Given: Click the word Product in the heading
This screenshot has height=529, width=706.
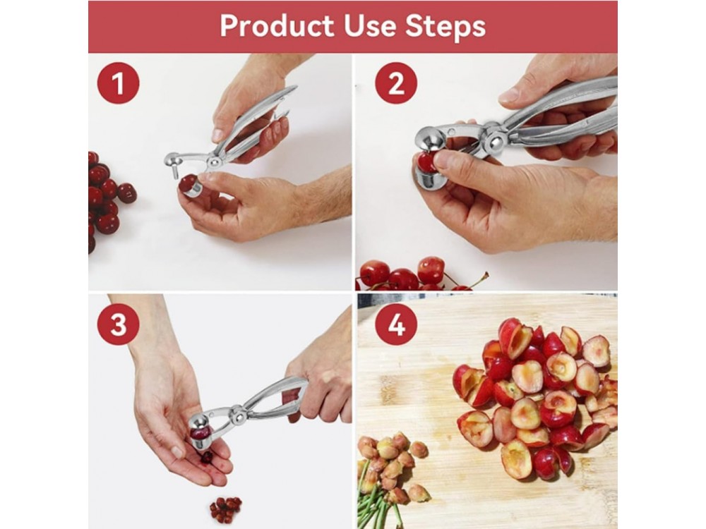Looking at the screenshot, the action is point(277,25).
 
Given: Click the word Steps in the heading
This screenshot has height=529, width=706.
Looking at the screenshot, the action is point(445,27).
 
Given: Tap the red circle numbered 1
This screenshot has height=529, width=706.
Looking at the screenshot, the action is point(118,83).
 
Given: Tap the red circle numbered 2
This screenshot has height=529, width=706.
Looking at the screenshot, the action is point(396,83).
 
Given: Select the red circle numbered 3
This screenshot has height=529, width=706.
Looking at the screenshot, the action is point(118,324).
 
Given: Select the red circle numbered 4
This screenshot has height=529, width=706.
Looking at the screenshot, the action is point(396,324).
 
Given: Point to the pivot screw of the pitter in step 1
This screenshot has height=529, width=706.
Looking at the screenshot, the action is point(215,161).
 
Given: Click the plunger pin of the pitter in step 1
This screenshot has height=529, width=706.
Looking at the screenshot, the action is point(175,171).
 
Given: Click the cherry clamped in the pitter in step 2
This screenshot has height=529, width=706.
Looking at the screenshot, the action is point(426,162).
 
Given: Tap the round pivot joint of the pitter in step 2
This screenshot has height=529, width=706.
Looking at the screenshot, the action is point(496,140).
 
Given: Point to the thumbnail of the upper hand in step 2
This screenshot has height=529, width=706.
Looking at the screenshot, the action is point(508,95).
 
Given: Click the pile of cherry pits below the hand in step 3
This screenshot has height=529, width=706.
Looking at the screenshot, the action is point(226,507).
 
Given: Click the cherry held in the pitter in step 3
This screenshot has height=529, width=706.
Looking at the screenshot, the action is point(200,432).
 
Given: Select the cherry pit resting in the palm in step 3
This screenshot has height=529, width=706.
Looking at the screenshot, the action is point(207,457).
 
